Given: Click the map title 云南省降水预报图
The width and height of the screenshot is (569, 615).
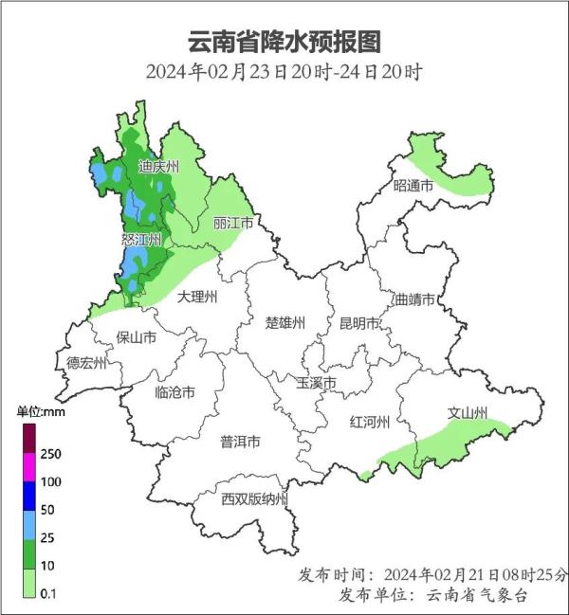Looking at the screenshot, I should point(284,42).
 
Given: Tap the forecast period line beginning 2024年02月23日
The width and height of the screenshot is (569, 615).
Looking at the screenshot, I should point(284,72).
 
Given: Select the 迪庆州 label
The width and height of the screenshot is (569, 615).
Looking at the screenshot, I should point(158,168).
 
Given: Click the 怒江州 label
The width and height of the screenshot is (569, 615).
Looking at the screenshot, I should point(142,241).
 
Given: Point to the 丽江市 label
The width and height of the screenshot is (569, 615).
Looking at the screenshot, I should point(233,224).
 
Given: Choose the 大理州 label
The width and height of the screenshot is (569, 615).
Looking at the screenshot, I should point(198,298).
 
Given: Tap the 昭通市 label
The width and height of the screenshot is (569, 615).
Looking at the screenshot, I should point(413,186).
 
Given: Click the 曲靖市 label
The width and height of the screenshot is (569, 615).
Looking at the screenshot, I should point(414,299).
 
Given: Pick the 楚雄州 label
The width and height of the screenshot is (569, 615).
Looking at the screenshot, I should point(284,323).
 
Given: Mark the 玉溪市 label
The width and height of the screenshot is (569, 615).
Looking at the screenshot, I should point(317,383).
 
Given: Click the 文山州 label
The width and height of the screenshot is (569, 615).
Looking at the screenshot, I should point(468,414).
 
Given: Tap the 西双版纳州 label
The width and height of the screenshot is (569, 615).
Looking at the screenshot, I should point(254,499).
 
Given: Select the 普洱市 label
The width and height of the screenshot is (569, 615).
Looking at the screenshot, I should point(240,442).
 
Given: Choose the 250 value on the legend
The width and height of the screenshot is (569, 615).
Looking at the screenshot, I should point(50,453).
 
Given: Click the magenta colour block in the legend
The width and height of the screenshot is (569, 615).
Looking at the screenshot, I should point(28,467).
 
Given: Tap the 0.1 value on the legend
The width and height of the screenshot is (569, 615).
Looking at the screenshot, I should point(48,594).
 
